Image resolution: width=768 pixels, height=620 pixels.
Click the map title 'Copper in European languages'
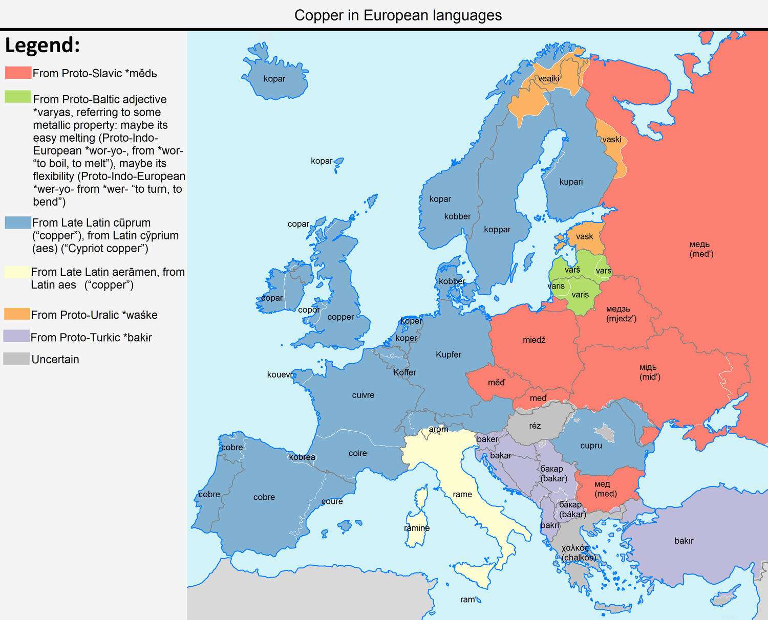coord(398,15)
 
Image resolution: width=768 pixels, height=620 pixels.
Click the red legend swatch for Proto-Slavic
coord(18,73)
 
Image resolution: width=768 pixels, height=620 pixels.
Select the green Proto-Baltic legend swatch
coord(18,97)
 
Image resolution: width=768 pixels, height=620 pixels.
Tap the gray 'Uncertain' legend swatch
coord(16,359)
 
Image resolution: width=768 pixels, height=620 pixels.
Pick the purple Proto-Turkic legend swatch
coord(16,336)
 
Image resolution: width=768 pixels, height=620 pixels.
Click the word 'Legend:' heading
coord(42,46)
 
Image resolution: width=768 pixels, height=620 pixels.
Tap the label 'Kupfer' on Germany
coord(448,355)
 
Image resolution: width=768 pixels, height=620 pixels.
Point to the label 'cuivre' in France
coord(363,395)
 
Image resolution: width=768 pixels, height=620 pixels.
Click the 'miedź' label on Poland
coord(534,340)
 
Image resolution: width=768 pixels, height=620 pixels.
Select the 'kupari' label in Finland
coord(571,182)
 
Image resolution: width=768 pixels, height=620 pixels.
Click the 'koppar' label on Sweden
coord(497,229)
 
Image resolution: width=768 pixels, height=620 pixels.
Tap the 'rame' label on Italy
coord(462,494)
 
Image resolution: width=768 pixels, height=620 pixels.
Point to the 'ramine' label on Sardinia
coord(417,528)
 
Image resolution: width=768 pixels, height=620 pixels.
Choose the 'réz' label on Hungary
coord(535,426)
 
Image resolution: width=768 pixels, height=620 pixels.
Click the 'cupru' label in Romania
coord(591,446)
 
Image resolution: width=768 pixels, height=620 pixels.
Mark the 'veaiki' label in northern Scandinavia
coord(548,79)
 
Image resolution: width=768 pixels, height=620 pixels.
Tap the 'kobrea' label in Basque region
coord(302,457)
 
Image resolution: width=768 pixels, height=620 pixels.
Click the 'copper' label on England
coord(340,317)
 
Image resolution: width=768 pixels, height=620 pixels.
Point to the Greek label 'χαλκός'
coord(575,548)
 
